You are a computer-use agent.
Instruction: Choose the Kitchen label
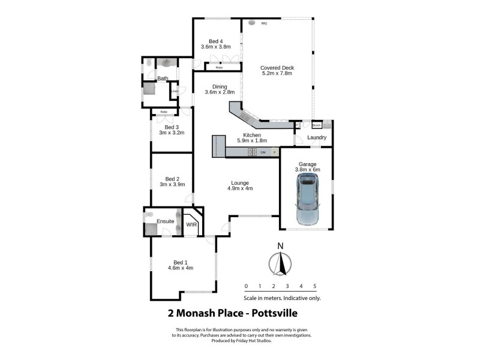[x=251, y=135]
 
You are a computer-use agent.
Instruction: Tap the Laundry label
[x=316, y=137]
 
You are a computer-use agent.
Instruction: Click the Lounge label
[x=240, y=183]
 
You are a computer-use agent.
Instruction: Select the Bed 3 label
[x=172, y=127]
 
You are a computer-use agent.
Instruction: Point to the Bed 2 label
[x=172, y=178]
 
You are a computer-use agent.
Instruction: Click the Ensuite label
[x=166, y=221]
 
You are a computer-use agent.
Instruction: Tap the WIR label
[x=192, y=224]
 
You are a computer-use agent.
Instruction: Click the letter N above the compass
[x=280, y=245]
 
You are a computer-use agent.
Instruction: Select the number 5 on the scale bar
[x=314, y=286]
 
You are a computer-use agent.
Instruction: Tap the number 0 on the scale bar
[x=246, y=286]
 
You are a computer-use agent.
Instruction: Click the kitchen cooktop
[x=253, y=152]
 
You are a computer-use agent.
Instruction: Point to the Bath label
[x=163, y=79]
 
